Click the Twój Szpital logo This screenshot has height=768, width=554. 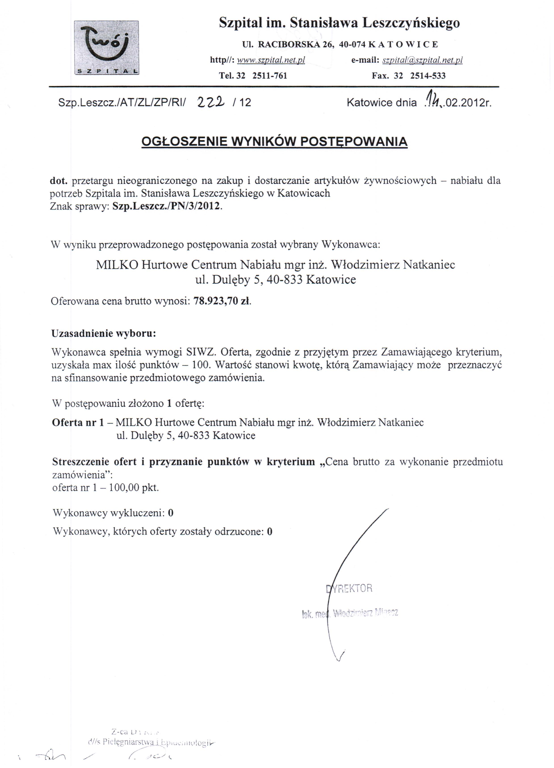coord(106,48)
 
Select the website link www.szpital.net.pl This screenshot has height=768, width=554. coord(271,60)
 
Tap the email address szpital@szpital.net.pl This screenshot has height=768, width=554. coord(422,60)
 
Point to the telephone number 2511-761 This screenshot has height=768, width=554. coord(270,76)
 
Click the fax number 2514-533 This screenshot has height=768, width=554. coord(428,76)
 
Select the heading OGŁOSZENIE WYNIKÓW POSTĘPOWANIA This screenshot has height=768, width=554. coord(274,141)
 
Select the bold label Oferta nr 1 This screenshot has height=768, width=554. coord(78,422)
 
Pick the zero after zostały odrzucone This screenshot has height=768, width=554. coord(270,531)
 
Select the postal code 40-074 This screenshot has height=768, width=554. coord(352,44)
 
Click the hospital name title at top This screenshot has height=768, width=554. coord(339,23)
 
